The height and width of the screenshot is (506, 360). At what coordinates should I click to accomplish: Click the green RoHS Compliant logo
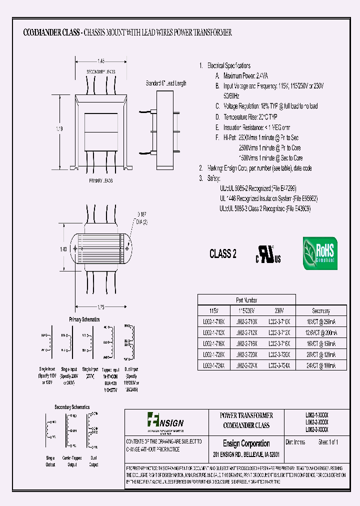(x=320, y=253)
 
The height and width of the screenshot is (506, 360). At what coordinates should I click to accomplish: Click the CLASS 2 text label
(x=223, y=254)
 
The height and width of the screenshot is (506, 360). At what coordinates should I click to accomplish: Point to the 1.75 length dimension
(x=101, y=306)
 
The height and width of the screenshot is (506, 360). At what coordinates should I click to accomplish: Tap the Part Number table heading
(x=246, y=300)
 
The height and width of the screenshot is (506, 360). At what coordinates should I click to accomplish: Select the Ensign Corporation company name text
(x=246, y=443)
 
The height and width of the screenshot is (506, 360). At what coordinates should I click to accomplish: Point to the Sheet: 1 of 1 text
(x=328, y=442)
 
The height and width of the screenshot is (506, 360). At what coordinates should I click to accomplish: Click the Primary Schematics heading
(x=84, y=319)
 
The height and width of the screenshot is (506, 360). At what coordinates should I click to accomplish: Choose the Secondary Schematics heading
(x=72, y=407)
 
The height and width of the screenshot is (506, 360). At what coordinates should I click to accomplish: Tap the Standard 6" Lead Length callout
(x=166, y=83)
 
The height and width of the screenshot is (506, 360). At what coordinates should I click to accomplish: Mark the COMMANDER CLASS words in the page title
(x=51, y=32)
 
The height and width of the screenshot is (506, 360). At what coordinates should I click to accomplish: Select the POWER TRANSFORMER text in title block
(x=246, y=415)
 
